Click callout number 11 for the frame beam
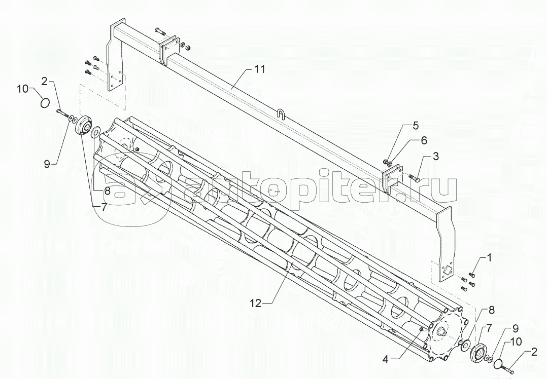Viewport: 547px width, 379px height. coord(259,69)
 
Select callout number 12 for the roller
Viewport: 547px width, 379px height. coord(255,304)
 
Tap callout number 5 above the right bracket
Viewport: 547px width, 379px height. coord(416,126)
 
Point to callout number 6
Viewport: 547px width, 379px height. coord(424,141)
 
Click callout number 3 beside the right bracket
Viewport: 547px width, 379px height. coord(436,157)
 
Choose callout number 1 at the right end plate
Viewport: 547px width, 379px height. coord(489,258)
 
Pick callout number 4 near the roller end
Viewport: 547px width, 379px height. coord(385,360)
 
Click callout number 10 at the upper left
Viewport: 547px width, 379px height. coord(22,89)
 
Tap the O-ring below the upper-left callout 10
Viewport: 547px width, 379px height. coord(45,103)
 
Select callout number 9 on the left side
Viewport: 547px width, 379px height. coord(48,164)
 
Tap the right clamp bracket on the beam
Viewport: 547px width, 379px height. coord(391,179)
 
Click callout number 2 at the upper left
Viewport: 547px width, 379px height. coord(44,82)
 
